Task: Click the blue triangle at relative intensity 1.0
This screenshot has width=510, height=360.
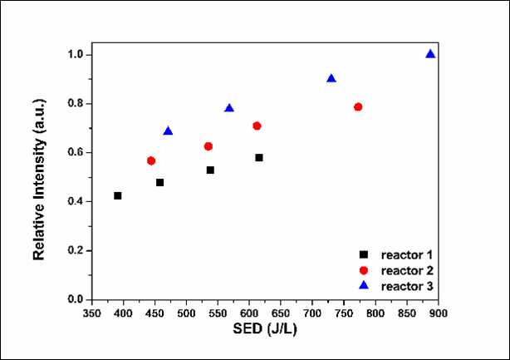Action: point(430,54)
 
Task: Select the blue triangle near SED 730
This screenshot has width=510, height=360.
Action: point(331,78)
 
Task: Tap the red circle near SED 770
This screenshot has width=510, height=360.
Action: point(358,106)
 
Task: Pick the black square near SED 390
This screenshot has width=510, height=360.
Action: point(118,195)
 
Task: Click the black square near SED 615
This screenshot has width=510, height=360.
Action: point(259,157)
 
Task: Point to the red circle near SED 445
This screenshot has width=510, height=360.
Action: point(151,160)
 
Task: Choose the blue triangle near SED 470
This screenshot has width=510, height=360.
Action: point(168,131)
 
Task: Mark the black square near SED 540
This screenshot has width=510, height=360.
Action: point(210,170)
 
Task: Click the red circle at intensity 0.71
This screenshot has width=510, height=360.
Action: point(257,126)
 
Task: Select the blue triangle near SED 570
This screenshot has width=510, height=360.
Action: point(229,108)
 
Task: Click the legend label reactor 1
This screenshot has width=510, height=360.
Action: point(407,255)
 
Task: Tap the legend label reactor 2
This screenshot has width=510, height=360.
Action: point(407,270)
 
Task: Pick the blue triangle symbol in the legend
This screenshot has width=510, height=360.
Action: point(364,285)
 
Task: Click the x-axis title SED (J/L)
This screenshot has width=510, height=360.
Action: point(265,328)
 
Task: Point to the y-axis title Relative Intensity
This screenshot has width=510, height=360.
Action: point(39,180)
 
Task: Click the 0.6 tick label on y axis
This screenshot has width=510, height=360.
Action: point(75,153)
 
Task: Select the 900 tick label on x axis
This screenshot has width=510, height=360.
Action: point(438,313)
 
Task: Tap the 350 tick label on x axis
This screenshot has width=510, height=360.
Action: point(92,313)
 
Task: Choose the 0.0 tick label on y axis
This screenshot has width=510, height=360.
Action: point(75,299)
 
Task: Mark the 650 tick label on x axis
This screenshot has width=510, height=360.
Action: point(281,313)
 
